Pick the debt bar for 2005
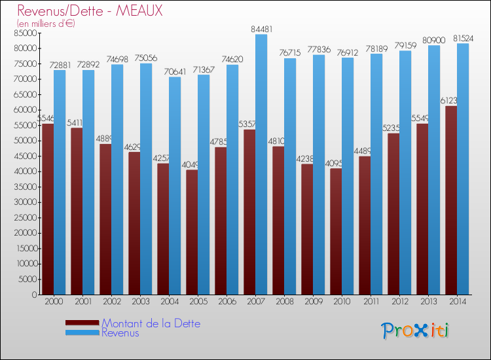click(192, 232)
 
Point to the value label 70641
click(174, 71)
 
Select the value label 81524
click(462, 38)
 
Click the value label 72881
click(59, 64)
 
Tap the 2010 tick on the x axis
click(342, 301)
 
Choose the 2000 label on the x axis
click(54, 301)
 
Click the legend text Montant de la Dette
click(151, 323)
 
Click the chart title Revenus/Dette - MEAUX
click(90, 10)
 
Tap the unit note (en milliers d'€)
click(46, 24)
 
